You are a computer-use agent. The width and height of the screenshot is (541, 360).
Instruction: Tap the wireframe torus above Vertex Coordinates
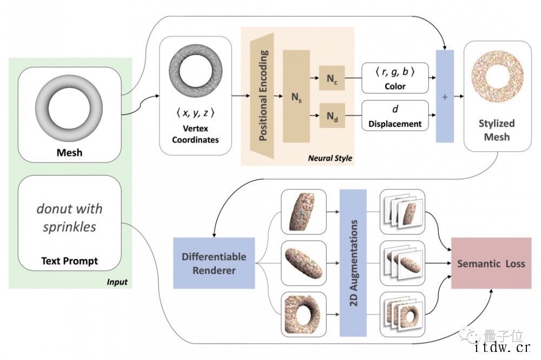tap(195, 75)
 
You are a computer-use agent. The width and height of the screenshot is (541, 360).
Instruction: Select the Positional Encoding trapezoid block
tap(263, 96)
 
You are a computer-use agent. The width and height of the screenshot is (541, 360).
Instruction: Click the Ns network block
tap(295, 96)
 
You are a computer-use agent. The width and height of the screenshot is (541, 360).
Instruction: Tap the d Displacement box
tap(395, 116)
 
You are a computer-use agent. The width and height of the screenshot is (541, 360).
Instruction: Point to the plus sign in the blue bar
tap(445, 97)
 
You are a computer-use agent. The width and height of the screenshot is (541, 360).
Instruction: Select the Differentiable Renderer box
tap(214, 263)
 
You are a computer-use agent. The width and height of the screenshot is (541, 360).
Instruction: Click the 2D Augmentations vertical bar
tap(353, 263)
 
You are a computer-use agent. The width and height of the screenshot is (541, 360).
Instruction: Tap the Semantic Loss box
tap(491, 264)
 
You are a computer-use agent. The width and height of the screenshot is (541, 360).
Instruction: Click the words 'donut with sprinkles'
tap(69, 217)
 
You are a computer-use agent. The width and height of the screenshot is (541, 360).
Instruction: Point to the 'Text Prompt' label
tap(69, 261)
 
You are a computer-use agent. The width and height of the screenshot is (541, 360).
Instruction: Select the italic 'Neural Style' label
tap(329, 158)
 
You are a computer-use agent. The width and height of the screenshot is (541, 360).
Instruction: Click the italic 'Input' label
tap(117, 282)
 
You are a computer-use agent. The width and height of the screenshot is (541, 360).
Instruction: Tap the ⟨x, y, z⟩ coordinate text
tap(195, 114)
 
